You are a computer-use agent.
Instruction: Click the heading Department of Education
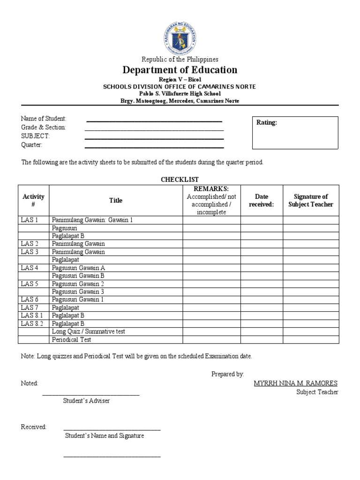pyautogui.click(x=180, y=70)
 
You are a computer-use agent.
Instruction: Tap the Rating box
pyautogui.click(x=295, y=133)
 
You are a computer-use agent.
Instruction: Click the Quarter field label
pyautogui.click(x=32, y=145)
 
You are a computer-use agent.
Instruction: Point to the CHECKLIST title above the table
pyautogui.click(x=180, y=180)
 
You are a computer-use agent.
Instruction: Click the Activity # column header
pyautogui.click(x=34, y=200)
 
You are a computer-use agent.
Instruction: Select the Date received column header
pyautogui.click(x=261, y=200)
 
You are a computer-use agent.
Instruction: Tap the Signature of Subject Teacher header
pyautogui.click(x=310, y=200)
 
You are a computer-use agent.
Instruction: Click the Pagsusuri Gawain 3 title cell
pyautogui.click(x=78, y=292)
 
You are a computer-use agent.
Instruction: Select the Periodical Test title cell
pyautogui.click(x=72, y=339)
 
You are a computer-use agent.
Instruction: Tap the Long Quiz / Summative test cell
pyautogui.click(x=89, y=331)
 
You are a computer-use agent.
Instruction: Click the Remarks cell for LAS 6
pyautogui.click(x=211, y=300)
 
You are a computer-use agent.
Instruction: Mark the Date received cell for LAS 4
pyautogui.click(x=261, y=268)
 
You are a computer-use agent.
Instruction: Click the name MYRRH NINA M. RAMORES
pyautogui.click(x=295, y=383)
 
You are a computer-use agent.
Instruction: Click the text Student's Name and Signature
pyautogui.click(x=105, y=435)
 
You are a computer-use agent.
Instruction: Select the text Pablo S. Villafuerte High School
pyautogui.click(x=180, y=94)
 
